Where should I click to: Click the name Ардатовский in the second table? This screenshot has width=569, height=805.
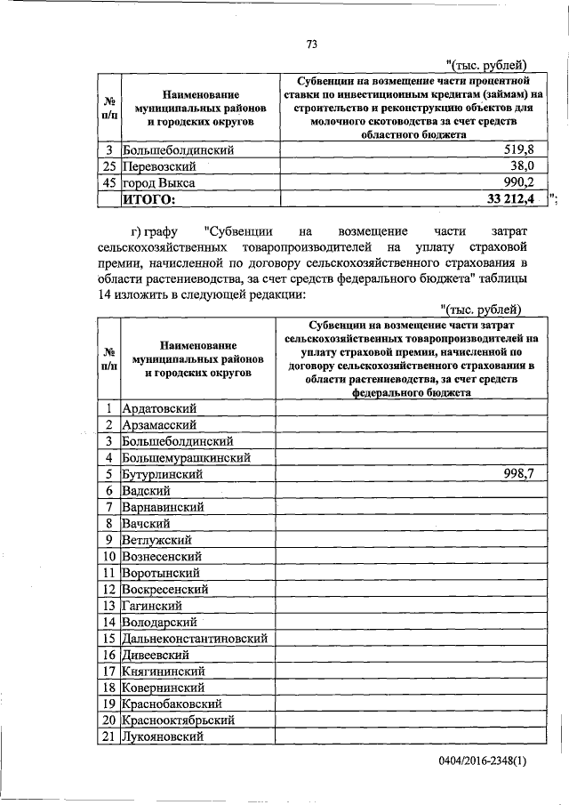(159, 408)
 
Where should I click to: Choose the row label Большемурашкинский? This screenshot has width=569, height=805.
(184, 458)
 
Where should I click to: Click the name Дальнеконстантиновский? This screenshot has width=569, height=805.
(195, 638)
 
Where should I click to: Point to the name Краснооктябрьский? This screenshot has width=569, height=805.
(179, 720)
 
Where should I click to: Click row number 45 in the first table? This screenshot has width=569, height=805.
(107, 182)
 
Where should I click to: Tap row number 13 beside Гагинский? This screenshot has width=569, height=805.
(107, 605)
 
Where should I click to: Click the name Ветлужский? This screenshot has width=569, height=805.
(157, 540)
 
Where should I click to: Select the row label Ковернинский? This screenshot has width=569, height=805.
(164, 687)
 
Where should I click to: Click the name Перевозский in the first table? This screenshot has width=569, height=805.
(160, 165)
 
